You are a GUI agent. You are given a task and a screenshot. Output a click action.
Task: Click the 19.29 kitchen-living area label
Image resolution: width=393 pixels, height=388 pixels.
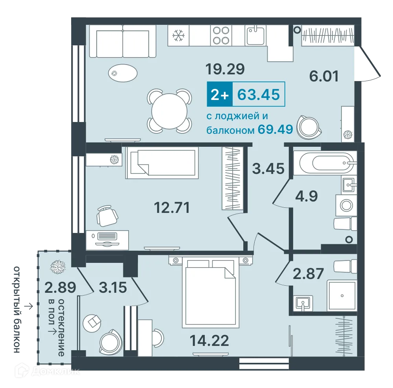225,69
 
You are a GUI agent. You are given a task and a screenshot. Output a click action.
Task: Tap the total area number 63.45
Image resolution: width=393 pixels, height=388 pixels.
259,94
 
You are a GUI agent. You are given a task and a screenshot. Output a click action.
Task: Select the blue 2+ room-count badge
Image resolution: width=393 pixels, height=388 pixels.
220,94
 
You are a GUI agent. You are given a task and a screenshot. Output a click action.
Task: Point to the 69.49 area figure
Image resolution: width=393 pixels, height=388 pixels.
275,129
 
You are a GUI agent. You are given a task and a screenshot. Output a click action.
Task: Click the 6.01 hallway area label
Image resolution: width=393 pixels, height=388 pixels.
324,76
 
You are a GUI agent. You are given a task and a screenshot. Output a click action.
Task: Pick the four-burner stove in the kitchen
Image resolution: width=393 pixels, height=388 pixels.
221,35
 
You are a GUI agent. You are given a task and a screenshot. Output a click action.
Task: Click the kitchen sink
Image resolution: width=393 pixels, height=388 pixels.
255,36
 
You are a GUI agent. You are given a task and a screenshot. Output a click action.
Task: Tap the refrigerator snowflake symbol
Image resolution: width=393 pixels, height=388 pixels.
178,35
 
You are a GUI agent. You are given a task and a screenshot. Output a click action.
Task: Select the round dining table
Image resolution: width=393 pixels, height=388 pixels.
169,111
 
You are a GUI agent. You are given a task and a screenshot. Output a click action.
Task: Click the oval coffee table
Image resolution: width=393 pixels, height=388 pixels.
123,73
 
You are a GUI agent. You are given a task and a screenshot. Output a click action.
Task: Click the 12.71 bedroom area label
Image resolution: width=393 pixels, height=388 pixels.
172,207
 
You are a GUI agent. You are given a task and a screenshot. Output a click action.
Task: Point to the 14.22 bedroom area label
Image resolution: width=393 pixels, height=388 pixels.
209,340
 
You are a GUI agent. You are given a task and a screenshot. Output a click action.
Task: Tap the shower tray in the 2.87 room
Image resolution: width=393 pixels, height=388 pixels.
342,296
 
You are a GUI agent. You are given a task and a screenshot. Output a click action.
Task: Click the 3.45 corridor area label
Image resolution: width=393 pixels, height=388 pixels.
268,168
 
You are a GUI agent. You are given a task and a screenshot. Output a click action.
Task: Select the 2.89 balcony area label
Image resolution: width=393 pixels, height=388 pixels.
60,288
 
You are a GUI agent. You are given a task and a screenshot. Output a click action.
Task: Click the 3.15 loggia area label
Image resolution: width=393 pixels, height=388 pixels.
113,288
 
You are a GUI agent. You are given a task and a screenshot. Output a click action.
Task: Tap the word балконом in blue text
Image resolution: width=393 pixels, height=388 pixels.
230,130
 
